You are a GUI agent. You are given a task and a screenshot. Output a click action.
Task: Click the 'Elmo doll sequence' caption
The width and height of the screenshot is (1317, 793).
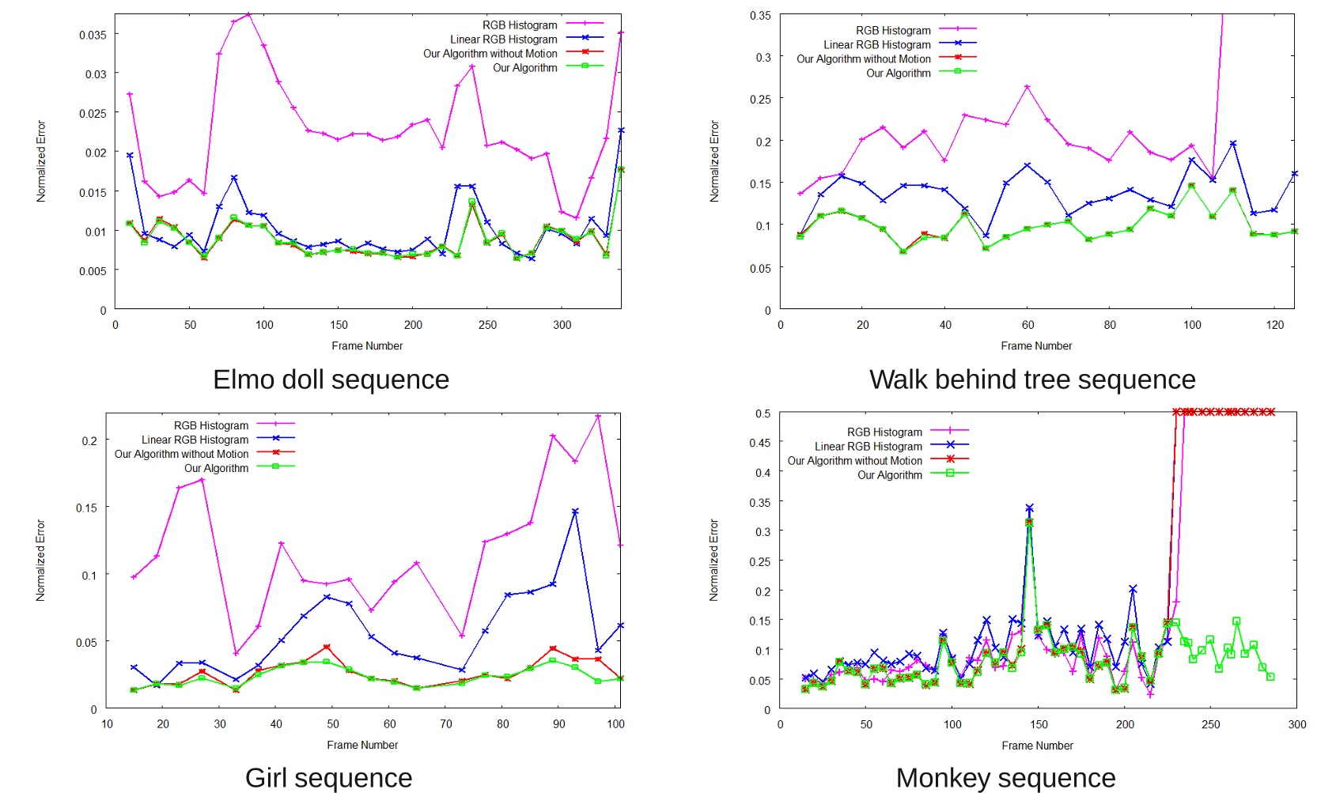point(331,380)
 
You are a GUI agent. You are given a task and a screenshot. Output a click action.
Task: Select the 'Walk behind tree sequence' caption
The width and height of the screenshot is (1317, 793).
point(1032,380)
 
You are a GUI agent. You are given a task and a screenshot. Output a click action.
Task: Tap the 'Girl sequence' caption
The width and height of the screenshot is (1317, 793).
point(328,778)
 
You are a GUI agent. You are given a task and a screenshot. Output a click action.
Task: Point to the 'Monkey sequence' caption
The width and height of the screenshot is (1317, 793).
point(1005,778)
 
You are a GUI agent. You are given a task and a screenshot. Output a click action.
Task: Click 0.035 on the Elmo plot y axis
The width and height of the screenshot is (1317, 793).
point(93,35)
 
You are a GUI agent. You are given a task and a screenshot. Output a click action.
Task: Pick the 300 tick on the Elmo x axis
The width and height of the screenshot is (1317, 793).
point(562,325)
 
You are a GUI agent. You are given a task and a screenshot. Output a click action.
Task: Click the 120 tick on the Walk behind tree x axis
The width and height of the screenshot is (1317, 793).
point(1274,325)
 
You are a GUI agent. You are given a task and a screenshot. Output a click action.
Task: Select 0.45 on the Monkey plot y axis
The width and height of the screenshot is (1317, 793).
point(759,443)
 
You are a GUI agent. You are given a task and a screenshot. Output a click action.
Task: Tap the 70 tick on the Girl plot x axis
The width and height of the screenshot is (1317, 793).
point(446,724)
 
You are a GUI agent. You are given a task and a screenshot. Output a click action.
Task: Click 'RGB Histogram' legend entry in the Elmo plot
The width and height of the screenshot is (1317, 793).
point(520,25)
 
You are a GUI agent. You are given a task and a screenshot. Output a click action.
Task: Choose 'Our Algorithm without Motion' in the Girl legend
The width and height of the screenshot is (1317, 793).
point(181,454)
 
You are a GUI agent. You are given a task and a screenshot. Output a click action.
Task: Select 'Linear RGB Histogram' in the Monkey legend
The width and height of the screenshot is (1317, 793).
point(868,446)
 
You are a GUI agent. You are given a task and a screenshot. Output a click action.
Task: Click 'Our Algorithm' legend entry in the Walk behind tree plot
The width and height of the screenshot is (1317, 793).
point(898,73)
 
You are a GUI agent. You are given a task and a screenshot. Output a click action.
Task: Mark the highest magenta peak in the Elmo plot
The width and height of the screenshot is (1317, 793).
point(248,14)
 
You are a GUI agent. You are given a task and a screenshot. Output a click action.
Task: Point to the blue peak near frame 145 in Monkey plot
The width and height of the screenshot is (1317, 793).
point(1029,508)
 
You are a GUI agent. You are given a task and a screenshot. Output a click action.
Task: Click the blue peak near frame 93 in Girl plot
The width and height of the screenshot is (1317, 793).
point(575,512)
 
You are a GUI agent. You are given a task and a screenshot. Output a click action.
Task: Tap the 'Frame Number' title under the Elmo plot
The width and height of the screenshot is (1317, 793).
point(367,346)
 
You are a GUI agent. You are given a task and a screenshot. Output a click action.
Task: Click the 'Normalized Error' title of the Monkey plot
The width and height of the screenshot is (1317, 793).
point(713,560)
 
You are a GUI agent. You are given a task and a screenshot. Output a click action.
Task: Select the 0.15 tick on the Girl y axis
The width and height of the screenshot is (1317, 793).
point(86,508)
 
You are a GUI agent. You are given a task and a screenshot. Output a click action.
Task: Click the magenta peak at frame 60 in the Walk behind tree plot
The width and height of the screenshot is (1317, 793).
point(1027,87)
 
